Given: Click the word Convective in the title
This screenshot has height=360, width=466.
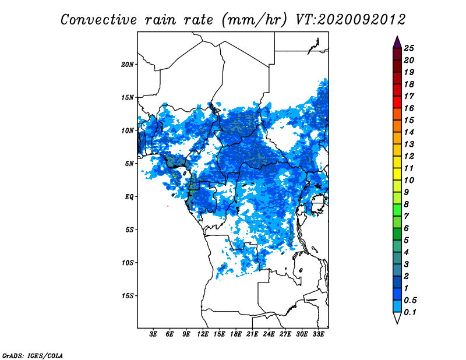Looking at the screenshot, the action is [x=98, y=20].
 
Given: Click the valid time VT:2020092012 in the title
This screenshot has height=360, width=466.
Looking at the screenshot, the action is [x=351, y=20].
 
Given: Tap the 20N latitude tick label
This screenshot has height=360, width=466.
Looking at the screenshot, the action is [x=128, y=65].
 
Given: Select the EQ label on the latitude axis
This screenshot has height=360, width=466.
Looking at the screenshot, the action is [x=129, y=197].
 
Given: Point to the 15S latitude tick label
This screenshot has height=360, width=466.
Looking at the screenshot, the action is [x=128, y=296].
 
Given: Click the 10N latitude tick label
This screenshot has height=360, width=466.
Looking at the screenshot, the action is [x=128, y=130].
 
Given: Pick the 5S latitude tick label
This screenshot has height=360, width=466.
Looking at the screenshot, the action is [x=129, y=230].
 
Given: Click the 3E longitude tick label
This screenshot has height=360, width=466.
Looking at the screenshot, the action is [x=153, y=334].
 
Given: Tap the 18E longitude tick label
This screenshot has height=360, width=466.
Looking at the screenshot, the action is [x=236, y=334].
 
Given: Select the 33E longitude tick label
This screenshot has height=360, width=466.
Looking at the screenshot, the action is [x=318, y=334].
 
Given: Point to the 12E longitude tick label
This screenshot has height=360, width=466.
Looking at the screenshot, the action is [x=203, y=334].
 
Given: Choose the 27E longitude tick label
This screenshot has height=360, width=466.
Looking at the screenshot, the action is [x=285, y=334].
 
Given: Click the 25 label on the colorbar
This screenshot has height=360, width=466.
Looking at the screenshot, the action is [x=409, y=48].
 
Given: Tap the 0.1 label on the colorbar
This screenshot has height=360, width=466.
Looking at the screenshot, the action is [x=410, y=312].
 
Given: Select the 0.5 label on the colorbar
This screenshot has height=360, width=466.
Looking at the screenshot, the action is [x=411, y=300].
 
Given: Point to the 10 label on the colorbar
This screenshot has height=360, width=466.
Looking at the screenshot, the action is [x=409, y=180].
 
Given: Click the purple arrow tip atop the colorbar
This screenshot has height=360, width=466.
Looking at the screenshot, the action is [x=397, y=36].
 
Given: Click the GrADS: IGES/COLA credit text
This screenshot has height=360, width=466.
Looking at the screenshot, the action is [x=33, y=355].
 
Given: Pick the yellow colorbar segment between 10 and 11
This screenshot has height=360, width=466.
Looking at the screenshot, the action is [x=397, y=174].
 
